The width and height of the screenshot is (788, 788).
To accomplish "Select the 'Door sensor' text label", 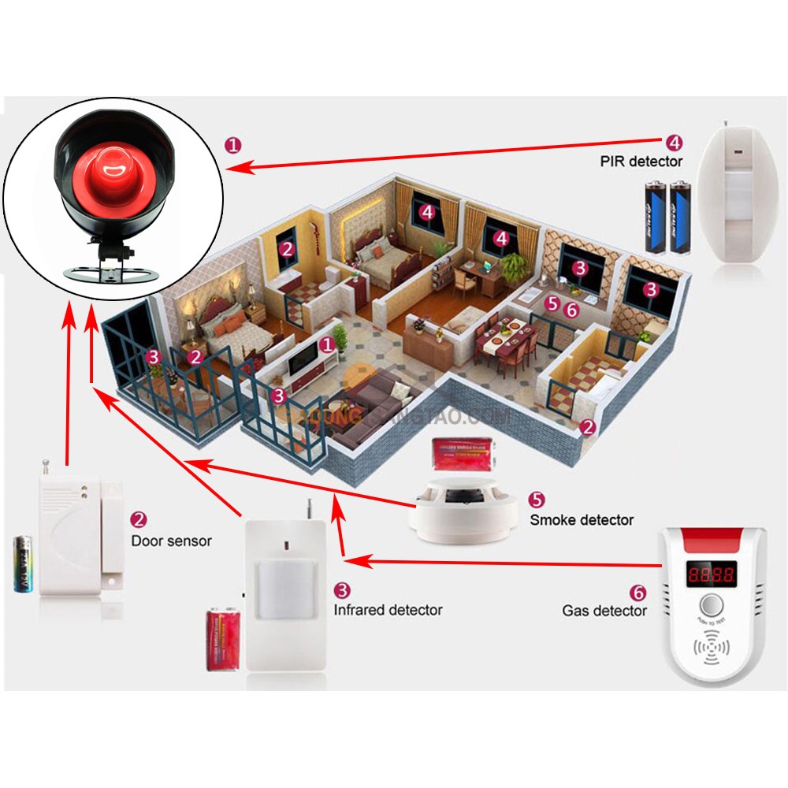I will [x=171, y=541].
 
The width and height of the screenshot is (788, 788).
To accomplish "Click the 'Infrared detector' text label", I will [x=388, y=609].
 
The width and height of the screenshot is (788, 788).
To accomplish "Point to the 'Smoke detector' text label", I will [x=582, y=519].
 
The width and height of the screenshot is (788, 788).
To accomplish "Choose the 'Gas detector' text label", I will [x=604, y=610].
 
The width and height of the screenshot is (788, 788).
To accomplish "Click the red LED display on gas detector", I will [x=712, y=574].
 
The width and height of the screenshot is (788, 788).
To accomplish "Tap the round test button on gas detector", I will [x=712, y=605].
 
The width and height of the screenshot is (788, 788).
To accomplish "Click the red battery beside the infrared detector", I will [x=223, y=638].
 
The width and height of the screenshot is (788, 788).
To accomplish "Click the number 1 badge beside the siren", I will [x=233, y=145].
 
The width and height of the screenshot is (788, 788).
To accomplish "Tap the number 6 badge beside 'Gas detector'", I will [x=638, y=590].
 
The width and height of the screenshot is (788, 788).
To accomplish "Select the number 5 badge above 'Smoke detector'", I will [x=536, y=499].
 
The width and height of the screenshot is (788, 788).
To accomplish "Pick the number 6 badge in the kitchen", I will [x=571, y=310].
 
